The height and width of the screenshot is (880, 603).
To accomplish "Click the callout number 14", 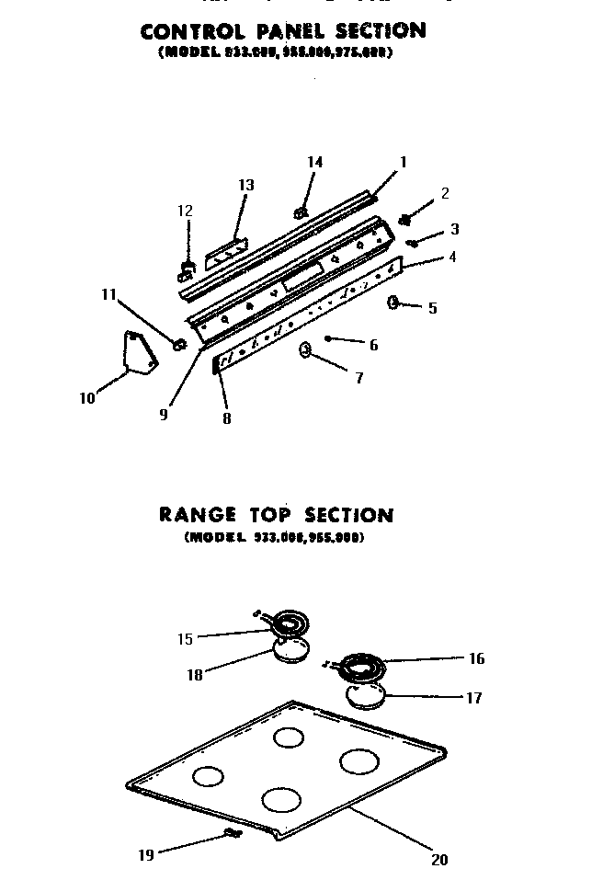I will point(314,163).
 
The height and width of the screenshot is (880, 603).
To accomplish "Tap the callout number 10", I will point(87,398).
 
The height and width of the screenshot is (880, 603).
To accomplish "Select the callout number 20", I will point(439,860).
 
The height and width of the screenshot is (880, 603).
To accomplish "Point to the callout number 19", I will point(146,855).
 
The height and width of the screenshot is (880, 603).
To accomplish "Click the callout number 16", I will point(476,658).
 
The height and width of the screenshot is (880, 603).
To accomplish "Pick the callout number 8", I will point(226,418).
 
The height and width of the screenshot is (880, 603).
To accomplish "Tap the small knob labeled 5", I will point(393,302).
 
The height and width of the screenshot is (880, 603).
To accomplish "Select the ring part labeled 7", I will point(304,349).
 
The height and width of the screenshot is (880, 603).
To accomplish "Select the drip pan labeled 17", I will point(367,696).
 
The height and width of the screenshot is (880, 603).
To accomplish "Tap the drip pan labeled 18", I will point(290,651).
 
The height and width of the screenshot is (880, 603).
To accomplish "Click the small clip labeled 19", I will point(231,832).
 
